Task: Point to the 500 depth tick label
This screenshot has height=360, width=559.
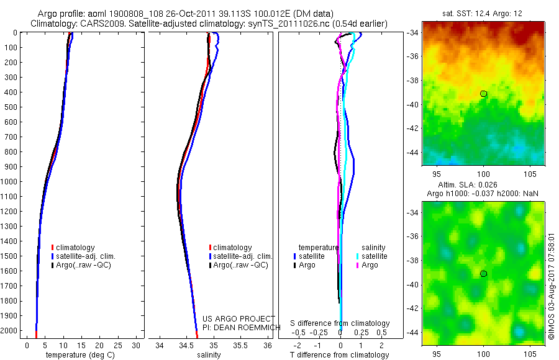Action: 11,107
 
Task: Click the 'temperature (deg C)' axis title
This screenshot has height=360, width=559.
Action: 80,355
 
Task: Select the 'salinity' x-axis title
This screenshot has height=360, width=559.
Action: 209,355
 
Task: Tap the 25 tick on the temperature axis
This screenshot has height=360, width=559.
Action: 117,345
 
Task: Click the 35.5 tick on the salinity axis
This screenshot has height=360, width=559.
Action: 240,345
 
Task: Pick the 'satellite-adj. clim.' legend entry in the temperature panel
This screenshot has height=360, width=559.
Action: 83,256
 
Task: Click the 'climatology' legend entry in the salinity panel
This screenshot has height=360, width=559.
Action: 230,248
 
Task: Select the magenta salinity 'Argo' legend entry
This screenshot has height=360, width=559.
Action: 367,265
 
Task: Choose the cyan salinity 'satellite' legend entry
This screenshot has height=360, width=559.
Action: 371,256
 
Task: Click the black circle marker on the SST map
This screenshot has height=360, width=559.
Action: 483,94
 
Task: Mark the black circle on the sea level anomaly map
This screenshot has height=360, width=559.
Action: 483,274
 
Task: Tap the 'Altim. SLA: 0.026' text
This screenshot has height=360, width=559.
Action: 467,185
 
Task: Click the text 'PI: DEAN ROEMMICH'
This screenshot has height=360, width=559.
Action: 242,327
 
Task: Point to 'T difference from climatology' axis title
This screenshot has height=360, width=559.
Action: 339,355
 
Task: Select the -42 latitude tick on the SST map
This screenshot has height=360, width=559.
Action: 413,128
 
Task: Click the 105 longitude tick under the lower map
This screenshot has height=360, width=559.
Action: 530,354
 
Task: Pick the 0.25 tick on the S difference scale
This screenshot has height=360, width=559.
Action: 361,333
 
